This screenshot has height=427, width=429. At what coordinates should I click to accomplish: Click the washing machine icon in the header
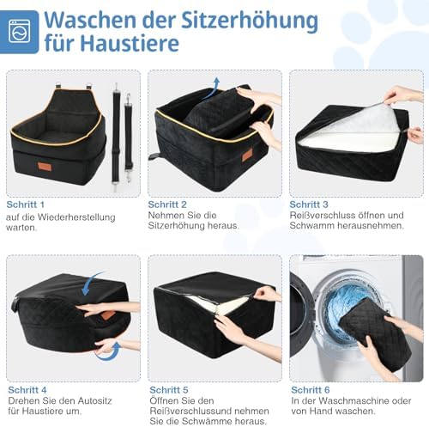[x=19, y=31]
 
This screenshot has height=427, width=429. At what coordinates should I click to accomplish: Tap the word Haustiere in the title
[x=130, y=44]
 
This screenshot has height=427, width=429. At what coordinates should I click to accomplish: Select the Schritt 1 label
[x=26, y=204]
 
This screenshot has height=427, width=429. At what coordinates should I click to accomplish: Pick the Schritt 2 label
[x=167, y=204]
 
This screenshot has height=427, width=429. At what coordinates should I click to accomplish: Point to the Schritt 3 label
[x=309, y=204]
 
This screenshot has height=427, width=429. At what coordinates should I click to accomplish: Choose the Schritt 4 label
[x=27, y=390]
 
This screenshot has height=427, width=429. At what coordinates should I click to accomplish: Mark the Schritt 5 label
[x=169, y=390]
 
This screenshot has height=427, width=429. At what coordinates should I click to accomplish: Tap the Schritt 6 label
[x=311, y=390]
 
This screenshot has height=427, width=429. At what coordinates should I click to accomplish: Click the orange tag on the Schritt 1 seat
[x=45, y=167]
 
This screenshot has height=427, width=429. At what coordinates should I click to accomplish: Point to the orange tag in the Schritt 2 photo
[x=247, y=156]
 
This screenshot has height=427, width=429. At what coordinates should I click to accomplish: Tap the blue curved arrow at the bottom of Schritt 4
[x=108, y=352]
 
